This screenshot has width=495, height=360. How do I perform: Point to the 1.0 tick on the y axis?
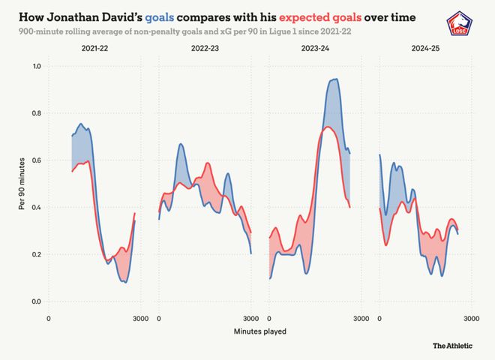(x=35, y=67)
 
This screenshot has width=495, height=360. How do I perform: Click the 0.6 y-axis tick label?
(x=35, y=160)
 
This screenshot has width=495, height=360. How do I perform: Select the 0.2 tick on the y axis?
(x=35, y=255)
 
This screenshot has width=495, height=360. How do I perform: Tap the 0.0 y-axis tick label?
(x=35, y=301)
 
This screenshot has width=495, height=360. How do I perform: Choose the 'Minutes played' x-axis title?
(x=259, y=331)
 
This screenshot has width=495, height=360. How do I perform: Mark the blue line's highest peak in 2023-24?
(x=335, y=79)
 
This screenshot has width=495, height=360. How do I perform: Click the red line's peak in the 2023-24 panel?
(x=328, y=127)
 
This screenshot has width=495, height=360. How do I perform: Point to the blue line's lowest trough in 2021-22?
(x=124, y=282)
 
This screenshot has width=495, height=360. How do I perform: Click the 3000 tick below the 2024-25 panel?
(x=471, y=319)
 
